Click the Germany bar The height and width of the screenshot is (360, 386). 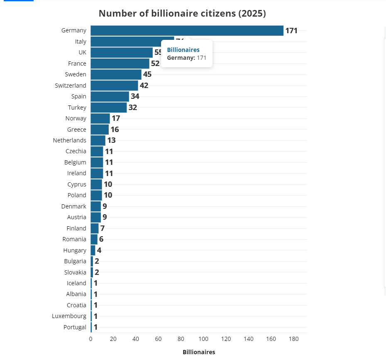(x=187, y=30)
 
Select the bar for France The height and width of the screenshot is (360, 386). (x=120, y=64)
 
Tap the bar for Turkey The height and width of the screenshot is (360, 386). (x=109, y=108)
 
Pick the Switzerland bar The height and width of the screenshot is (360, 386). (x=114, y=86)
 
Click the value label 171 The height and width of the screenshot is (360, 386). (x=291, y=30)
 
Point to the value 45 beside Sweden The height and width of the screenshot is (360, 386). (x=147, y=74)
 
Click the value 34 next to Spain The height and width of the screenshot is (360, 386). (x=135, y=96)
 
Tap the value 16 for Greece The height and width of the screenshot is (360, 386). (x=115, y=129)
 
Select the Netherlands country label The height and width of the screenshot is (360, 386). (x=70, y=140)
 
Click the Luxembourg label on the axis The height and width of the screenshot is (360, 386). (x=69, y=316)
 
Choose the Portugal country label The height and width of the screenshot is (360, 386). (x=75, y=327)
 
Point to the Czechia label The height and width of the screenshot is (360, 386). (x=76, y=151)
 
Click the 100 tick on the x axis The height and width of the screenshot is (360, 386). (x=203, y=339)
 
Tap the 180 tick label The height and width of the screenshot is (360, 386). (x=293, y=339)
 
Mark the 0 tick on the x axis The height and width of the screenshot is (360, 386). (x=91, y=339)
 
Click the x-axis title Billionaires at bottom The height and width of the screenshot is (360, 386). (x=199, y=352)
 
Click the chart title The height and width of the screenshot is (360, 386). (x=182, y=13)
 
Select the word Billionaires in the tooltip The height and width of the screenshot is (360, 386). (x=183, y=50)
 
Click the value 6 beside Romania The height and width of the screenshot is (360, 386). (x=101, y=239)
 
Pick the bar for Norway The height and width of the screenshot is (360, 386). (x=100, y=118)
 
